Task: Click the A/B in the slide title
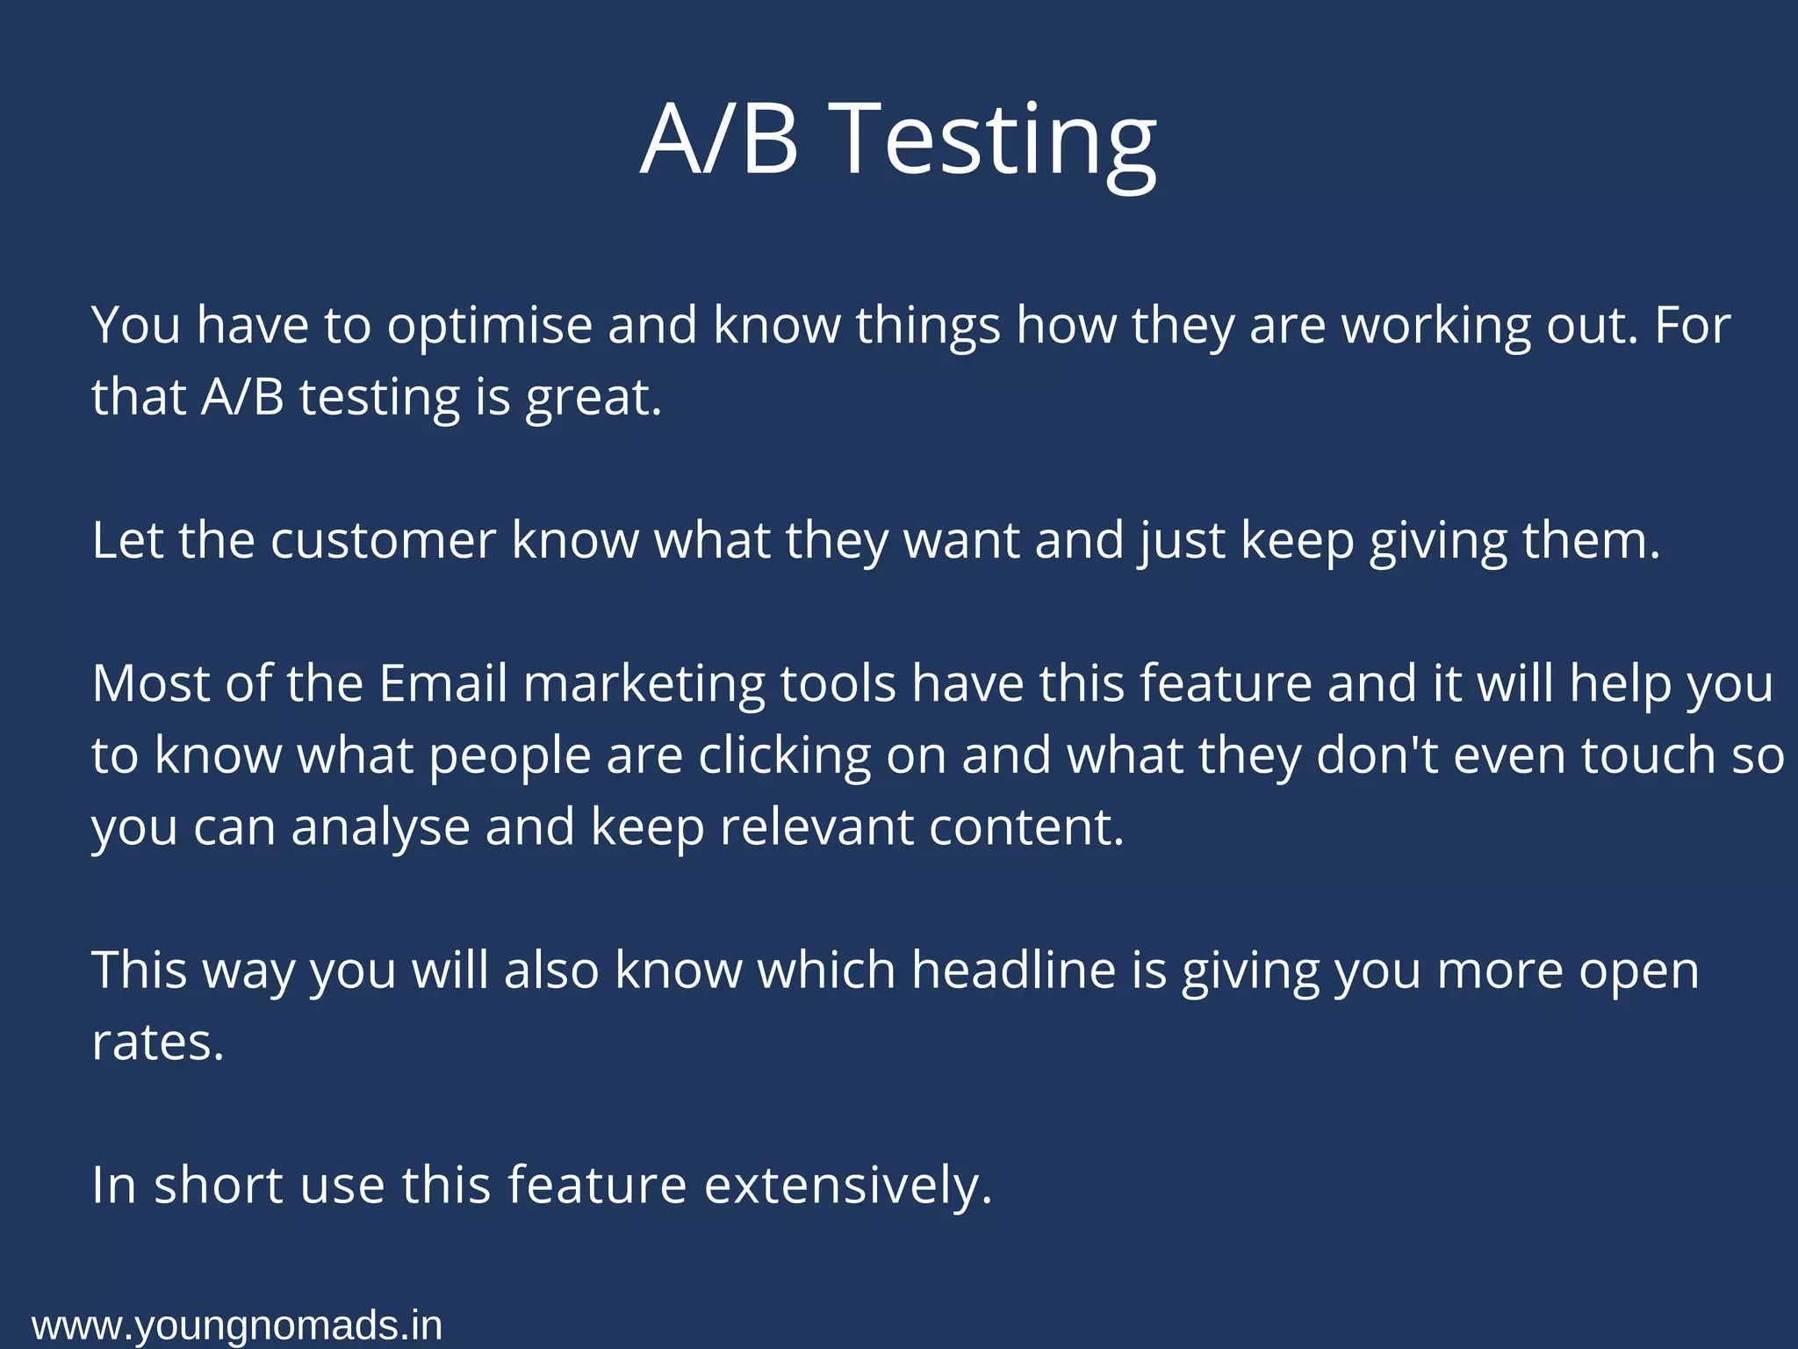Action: pyautogui.click(x=719, y=141)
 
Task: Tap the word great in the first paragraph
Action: pyautogui.click(x=593, y=398)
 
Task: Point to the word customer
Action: pyautogui.click(x=383, y=540)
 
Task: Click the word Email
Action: pyautogui.click(x=443, y=683)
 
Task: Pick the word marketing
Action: pyautogui.click(x=644, y=685)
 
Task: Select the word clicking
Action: pyautogui.click(x=784, y=756)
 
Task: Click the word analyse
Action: pyautogui.click(x=380, y=828)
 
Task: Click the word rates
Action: pyautogui.click(x=158, y=1043)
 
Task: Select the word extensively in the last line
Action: pyautogui.click(x=848, y=1186)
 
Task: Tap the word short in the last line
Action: pyautogui.click(x=219, y=1186)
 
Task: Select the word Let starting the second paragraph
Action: pyautogui.click(x=127, y=540)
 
